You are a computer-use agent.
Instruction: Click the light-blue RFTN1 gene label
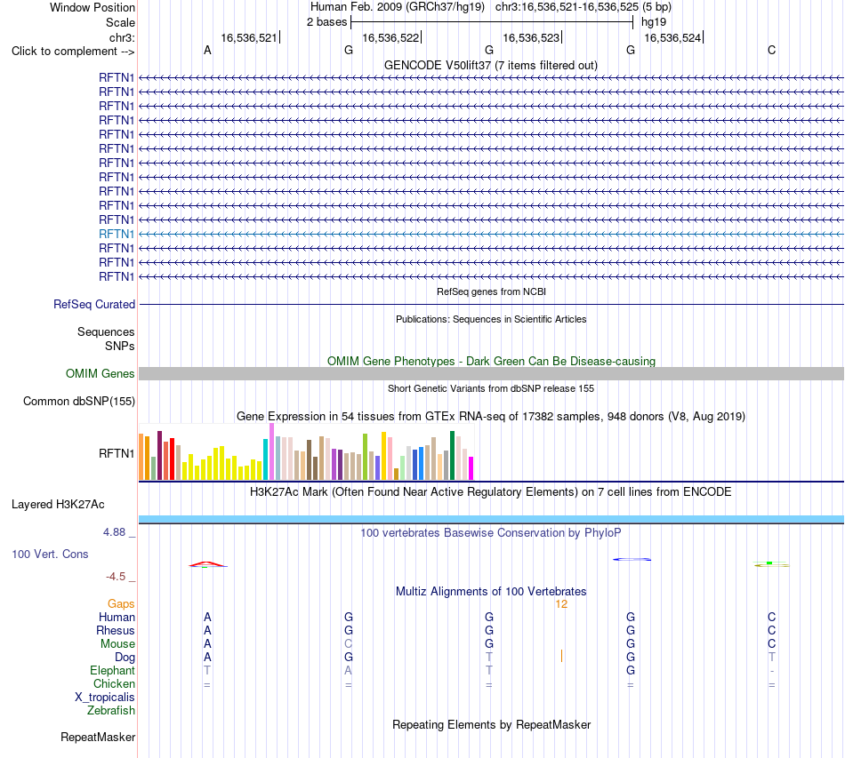pos(117,235)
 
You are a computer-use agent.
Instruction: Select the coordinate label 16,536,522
pos(390,37)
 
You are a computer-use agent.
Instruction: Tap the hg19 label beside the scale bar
pos(654,22)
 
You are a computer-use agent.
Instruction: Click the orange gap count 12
pos(561,604)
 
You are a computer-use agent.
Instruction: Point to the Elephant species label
pos(112,670)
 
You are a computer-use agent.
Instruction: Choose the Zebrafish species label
pos(111,711)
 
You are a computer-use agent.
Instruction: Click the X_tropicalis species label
pos(105,698)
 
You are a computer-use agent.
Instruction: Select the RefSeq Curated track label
pos(94,304)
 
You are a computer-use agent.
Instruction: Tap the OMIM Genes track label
pos(101,373)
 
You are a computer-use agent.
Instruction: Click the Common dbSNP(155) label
pos(79,401)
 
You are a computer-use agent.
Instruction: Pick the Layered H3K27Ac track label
pos(58,505)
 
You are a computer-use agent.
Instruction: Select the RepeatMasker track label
pos(98,737)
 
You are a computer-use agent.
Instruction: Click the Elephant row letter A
pos(348,670)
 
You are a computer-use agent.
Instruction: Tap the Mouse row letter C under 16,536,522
pos(348,644)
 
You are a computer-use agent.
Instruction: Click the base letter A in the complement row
pos(207,51)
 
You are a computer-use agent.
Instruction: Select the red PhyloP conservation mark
pos(207,563)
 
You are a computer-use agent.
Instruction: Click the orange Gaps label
pos(121,604)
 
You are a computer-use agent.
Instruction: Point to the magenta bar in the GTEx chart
pos(471,468)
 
